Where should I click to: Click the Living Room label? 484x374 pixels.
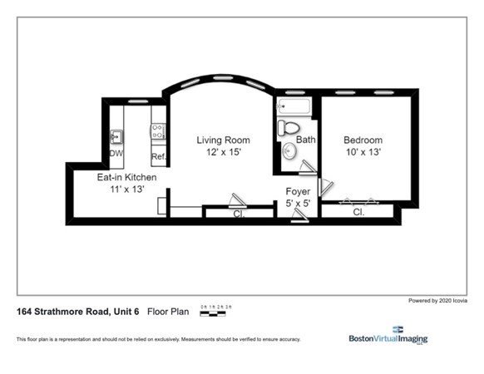(x=223, y=140)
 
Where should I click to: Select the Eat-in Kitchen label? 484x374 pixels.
(x=126, y=178)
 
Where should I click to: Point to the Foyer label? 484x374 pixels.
(x=298, y=192)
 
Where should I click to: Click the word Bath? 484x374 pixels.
(x=306, y=140)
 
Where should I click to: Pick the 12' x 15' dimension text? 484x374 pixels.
(x=223, y=153)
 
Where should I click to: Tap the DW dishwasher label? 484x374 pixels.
(x=116, y=154)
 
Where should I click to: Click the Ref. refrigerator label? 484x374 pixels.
(x=158, y=156)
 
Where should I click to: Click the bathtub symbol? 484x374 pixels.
(x=294, y=106)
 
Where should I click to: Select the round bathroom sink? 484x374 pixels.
(x=287, y=151)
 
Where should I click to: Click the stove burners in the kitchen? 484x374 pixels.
(x=157, y=130)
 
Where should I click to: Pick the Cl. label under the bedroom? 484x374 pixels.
(x=359, y=213)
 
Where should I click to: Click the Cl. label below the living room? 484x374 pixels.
(x=238, y=214)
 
